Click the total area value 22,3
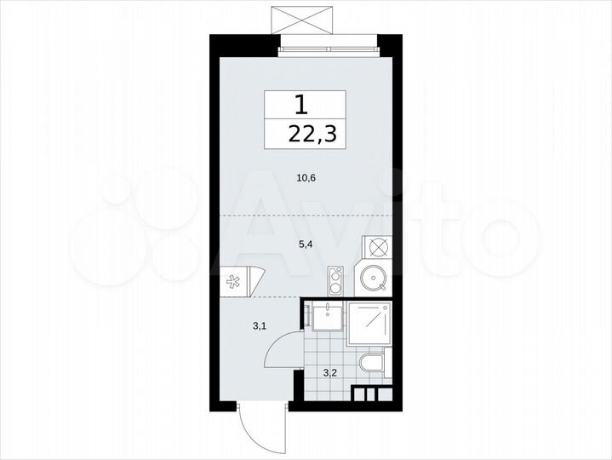[x=306, y=134]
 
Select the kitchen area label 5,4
[x=304, y=244]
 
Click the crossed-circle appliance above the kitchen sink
[x=375, y=247]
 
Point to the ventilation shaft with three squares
[x=369, y=394]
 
